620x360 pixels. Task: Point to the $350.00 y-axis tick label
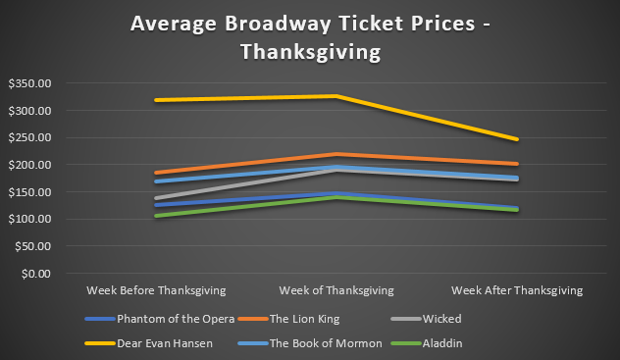29,83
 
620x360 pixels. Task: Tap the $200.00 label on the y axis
29,165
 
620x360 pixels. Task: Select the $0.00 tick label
36,273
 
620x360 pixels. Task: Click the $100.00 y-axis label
29,219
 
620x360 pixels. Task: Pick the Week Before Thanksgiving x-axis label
156,290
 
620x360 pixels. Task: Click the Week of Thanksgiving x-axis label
336,290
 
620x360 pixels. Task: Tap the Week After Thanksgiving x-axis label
517,290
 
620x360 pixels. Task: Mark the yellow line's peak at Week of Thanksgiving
336,96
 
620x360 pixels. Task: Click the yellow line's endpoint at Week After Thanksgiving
517,139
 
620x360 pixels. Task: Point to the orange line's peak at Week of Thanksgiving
336,155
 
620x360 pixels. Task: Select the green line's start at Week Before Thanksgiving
157,216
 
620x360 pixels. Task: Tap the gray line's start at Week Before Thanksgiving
157,198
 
